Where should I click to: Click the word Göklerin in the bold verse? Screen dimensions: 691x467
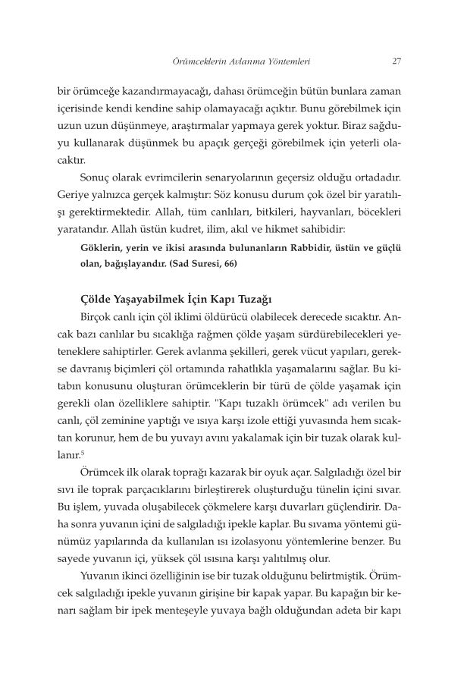(x=99, y=247)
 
